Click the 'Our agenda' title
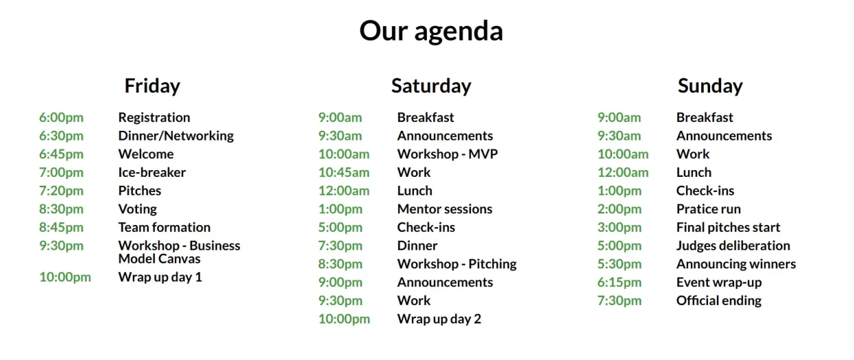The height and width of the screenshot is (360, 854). [x=431, y=31]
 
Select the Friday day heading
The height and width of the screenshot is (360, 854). [x=152, y=86]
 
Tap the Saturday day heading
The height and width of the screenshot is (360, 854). [x=431, y=86]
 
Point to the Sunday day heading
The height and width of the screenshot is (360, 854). [x=710, y=86]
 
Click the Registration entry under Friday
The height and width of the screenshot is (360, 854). [x=154, y=118]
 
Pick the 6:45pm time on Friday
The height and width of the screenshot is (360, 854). [x=61, y=154]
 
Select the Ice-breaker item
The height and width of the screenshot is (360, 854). [x=152, y=173]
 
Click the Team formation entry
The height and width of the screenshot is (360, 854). [x=165, y=227]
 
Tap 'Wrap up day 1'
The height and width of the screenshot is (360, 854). [x=160, y=277]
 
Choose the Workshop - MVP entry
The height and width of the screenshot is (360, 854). [x=448, y=154]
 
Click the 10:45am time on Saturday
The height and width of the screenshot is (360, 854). [x=344, y=173]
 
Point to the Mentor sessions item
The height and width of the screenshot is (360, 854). [x=445, y=209]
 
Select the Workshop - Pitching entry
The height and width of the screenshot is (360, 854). [x=457, y=264]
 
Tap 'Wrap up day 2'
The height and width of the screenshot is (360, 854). [x=439, y=319]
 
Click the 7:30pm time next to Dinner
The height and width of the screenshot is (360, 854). [x=340, y=246]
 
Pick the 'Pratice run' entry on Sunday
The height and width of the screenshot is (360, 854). [x=709, y=209]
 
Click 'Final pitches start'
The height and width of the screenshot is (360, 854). [x=728, y=227]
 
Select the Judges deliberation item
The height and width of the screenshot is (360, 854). [x=733, y=246]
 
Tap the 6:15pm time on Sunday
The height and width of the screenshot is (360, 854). [x=619, y=282]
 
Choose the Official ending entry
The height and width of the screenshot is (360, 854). [x=719, y=301]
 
